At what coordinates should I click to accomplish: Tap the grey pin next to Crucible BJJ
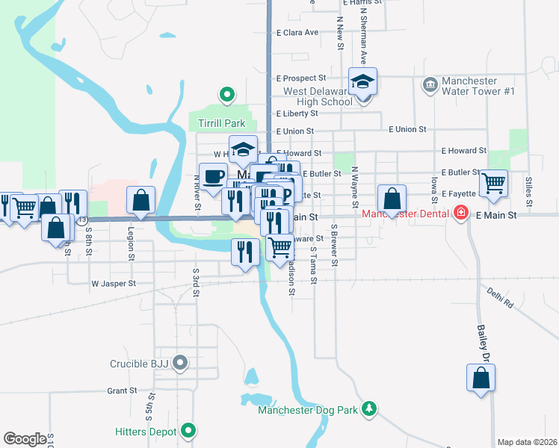pyautogui.click(x=180, y=364)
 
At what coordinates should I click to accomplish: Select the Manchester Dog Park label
pyautogui.click(x=307, y=409)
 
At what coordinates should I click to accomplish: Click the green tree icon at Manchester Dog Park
pyautogui.click(x=368, y=408)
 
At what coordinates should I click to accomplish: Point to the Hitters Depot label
pyautogui.click(x=146, y=432)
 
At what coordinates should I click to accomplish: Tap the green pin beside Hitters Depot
pyautogui.click(x=189, y=431)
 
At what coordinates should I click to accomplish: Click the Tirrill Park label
pyautogui.click(x=222, y=122)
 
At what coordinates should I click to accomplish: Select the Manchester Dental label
pyautogui.click(x=405, y=214)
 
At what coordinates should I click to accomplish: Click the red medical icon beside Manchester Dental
pyautogui.click(x=461, y=214)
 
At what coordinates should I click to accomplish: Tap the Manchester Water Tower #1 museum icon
pyautogui.click(x=430, y=84)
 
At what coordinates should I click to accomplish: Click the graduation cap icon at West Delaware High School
pyautogui.click(x=363, y=82)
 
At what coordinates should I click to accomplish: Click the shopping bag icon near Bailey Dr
pyautogui.click(x=481, y=378)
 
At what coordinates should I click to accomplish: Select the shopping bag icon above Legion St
pyautogui.click(x=140, y=200)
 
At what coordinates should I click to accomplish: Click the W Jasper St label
pyautogui.click(x=114, y=284)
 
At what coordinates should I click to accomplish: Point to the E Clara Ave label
pyautogui.click(x=297, y=33)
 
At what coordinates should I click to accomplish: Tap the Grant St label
pyautogui.click(x=121, y=391)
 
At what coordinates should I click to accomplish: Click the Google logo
pyautogui.click(x=25, y=439)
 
